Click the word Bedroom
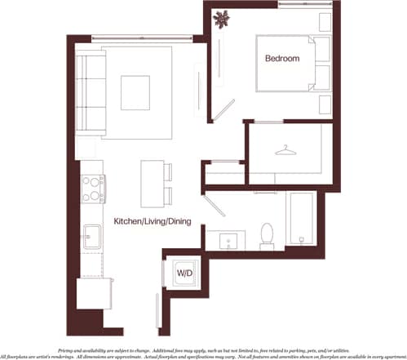coord(281,59)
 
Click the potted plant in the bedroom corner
coord(222,19)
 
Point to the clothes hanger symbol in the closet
coord(284,150)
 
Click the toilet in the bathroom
coord(266,235)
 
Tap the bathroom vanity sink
coord(228,239)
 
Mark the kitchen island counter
coord(150,184)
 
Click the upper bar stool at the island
coord(168,171)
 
